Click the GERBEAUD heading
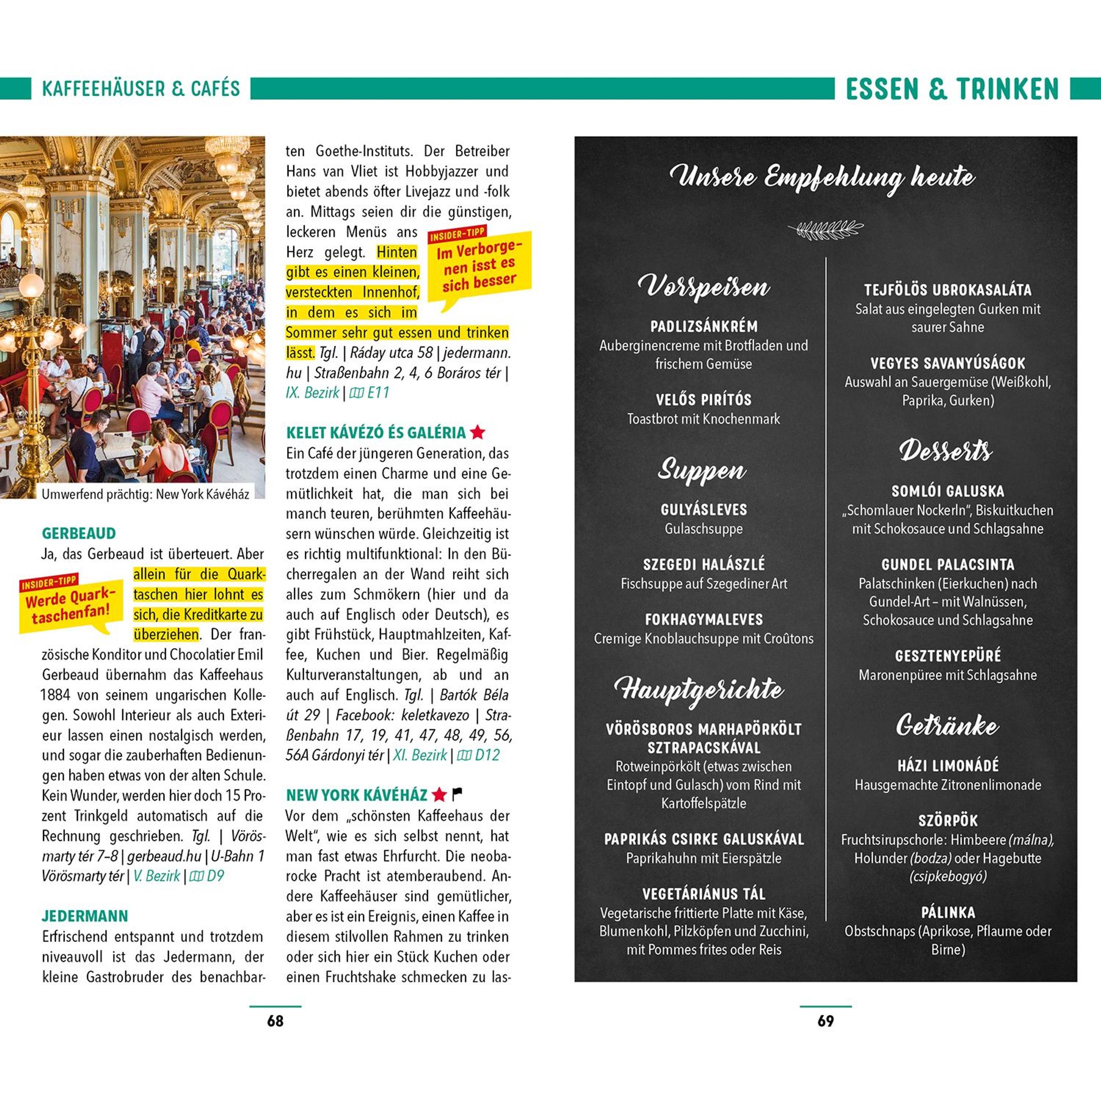tap(79, 533)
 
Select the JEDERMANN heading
tap(85, 916)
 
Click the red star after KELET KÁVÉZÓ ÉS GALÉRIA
tap(477, 432)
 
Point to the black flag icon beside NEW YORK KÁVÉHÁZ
tap(457, 794)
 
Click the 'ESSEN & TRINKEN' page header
tap(952, 89)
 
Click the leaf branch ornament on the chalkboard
tap(825, 229)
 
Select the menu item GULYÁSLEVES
tap(704, 509)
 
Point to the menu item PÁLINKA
tap(948, 912)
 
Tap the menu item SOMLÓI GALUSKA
tap(948, 491)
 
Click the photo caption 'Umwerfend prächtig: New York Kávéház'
tap(145, 494)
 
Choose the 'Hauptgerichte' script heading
tap(700, 690)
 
